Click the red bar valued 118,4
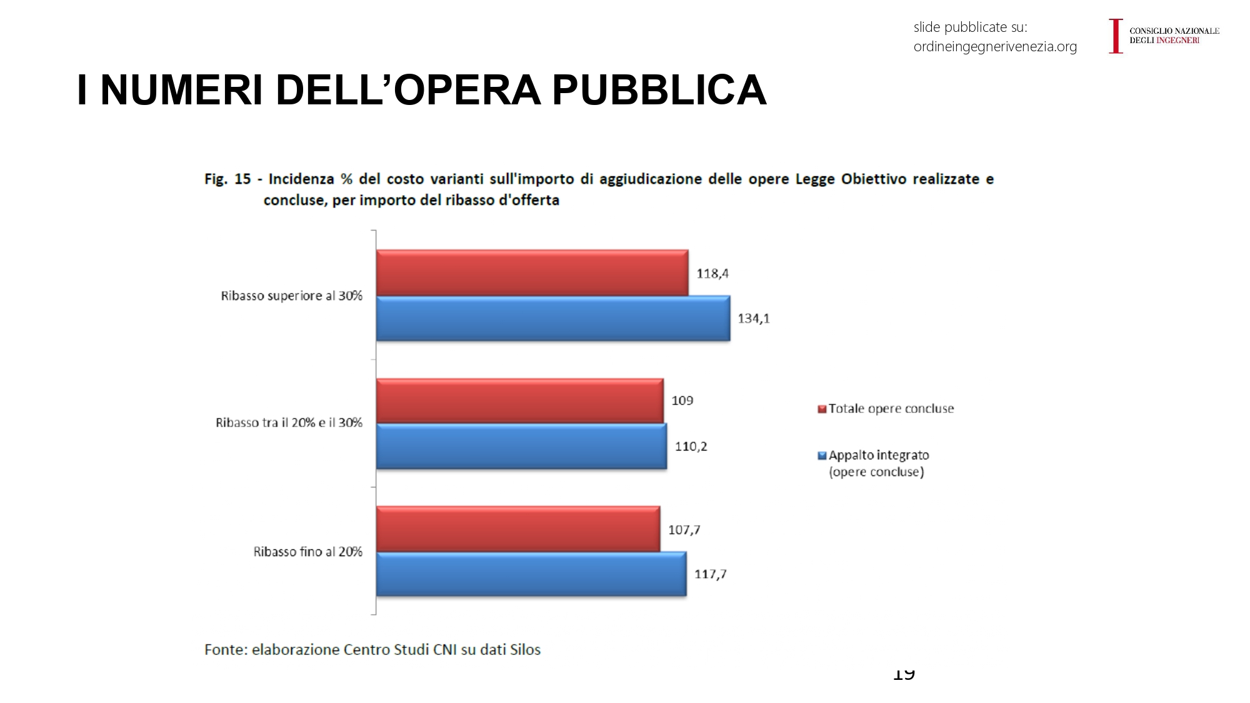[x=532, y=273]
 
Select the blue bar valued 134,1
[x=552, y=319]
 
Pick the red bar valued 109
[x=519, y=401]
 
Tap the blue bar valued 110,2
[x=521, y=446]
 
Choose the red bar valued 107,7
[x=517, y=529]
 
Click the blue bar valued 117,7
[x=531, y=574]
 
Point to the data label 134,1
[x=754, y=319]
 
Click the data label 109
[x=682, y=401]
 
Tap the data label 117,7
[x=710, y=574]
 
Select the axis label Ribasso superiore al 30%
[x=291, y=296]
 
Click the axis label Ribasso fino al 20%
[x=307, y=552]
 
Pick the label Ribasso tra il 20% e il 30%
[x=289, y=423]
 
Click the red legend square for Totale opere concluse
[x=822, y=409]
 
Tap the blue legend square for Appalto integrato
[x=822, y=456]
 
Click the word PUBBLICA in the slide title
[x=659, y=90]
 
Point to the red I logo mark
[x=1116, y=36]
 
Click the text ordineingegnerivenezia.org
[x=995, y=47]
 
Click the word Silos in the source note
[x=525, y=650]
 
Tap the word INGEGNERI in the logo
[x=1177, y=41]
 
